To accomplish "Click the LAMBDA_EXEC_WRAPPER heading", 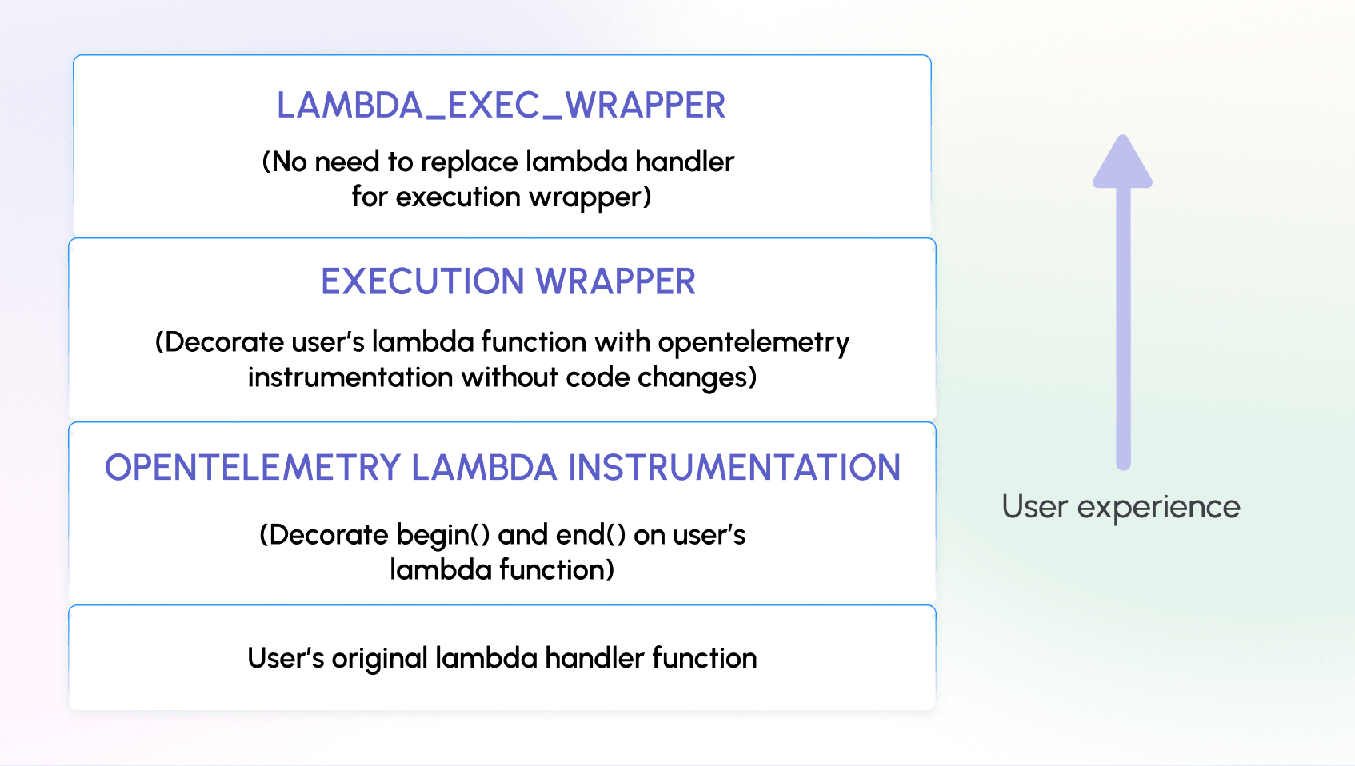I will [x=501, y=106].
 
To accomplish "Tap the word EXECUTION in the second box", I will [x=422, y=281].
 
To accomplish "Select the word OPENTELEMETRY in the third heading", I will [x=252, y=468].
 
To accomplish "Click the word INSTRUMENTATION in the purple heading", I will [x=734, y=468].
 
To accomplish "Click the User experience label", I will [x=1121, y=507].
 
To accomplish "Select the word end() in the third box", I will [x=590, y=535].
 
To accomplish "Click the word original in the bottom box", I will [x=380, y=659].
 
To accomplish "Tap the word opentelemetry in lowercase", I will [x=753, y=343].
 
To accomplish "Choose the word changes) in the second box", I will [x=697, y=377].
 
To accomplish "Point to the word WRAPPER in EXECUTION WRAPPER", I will [x=615, y=281].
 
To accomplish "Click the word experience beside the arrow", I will [x=1158, y=507].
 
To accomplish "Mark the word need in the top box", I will [x=347, y=162].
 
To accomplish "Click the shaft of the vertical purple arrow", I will [x=1123, y=336].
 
